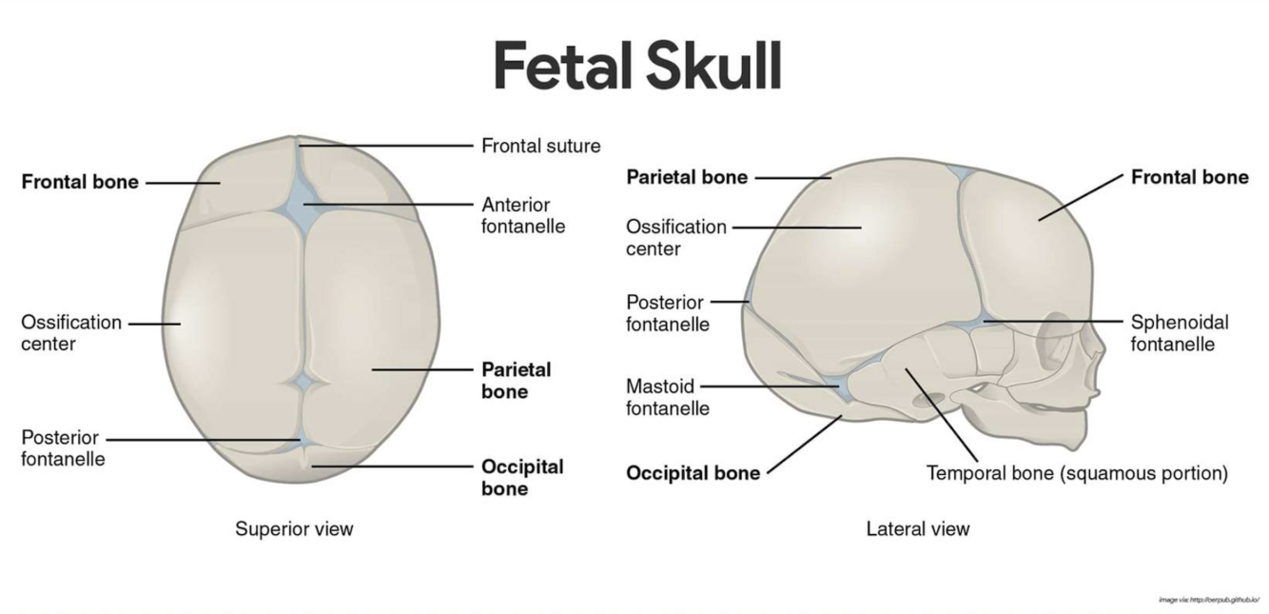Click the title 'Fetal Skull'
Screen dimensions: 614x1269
click(x=636, y=66)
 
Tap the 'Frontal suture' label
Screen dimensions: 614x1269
click(x=540, y=147)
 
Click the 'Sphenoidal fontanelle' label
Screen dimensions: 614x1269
click(x=1180, y=332)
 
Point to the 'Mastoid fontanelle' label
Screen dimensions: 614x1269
click(x=667, y=397)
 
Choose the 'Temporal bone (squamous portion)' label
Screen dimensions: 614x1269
click(x=1077, y=472)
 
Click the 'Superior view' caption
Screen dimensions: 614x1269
click(x=294, y=528)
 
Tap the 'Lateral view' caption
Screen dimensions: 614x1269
click(x=917, y=528)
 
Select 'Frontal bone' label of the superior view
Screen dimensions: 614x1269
click(x=80, y=182)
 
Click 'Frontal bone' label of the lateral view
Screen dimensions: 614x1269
click(x=1189, y=177)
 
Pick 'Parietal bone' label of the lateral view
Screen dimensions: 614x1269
click(x=686, y=177)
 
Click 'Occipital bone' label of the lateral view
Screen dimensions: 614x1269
click(x=693, y=473)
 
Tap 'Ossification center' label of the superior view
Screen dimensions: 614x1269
click(x=71, y=332)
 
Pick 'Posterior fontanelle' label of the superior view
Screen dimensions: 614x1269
click(x=63, y=448)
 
